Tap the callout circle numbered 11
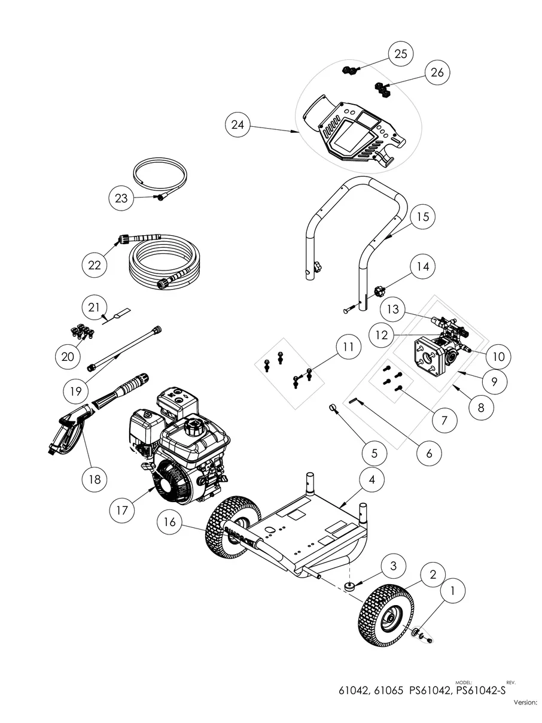tap(348, 347)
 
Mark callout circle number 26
tap(437, 72)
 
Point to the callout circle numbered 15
tap(423, 217)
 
